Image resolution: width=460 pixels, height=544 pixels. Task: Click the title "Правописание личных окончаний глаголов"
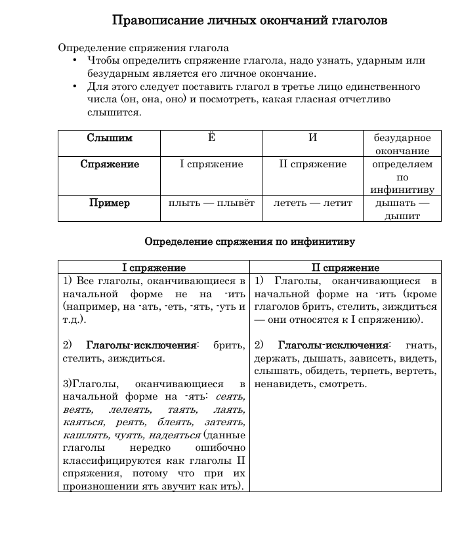tap(249, 20)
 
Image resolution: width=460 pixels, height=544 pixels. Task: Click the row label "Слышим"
tap(110, 138)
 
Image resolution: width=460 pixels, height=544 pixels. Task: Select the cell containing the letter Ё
tap(211, 138)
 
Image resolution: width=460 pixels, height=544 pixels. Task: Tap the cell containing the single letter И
tap(312, 138)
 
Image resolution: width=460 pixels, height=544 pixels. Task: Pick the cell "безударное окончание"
tap(402, 144)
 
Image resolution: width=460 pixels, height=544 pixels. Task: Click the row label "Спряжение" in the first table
tap(110, 165)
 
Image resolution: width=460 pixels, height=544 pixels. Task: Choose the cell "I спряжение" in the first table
tap(211, 165)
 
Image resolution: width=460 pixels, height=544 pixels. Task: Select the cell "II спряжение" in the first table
tap(312, 165)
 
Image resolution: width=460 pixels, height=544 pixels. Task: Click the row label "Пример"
tap(110, 203)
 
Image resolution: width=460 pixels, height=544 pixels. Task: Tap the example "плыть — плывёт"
tap(211, 203)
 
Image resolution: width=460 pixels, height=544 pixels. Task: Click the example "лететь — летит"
tap(312, 203)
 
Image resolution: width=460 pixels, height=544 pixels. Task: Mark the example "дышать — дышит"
tap(402, 209)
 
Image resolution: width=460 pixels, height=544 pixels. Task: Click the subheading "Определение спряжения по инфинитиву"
tap(249, 241)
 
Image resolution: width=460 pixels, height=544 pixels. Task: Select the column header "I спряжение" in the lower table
tap(154, 268)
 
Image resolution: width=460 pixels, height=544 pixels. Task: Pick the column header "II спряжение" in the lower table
tap(345, 268)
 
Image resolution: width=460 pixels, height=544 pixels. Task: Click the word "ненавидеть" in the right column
tap(280, 384)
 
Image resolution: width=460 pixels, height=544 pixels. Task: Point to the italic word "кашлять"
tap(83, 435)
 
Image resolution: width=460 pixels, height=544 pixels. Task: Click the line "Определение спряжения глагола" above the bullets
tap(143, 48)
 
